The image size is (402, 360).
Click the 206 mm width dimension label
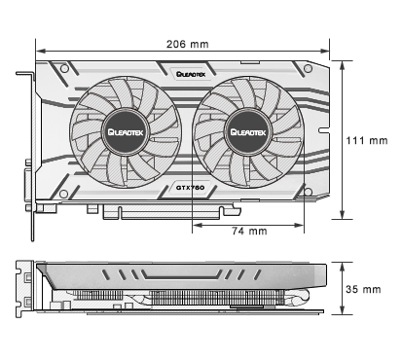(x=188, y=44)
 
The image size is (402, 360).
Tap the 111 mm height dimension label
(x=367, y=140)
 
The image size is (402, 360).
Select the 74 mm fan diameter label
(x=249, y=231)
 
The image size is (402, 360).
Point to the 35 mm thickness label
(x=363, y=289)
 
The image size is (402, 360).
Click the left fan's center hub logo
(x=126, y=132)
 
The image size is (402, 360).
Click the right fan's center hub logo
(x=248, y=132)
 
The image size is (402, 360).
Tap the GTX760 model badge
(x=190, y=188)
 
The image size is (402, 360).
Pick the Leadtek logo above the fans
(x=191, y=74)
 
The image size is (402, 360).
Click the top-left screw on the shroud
(x=64, y=68)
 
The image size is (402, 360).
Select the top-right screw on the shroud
(x=308, y=68)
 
